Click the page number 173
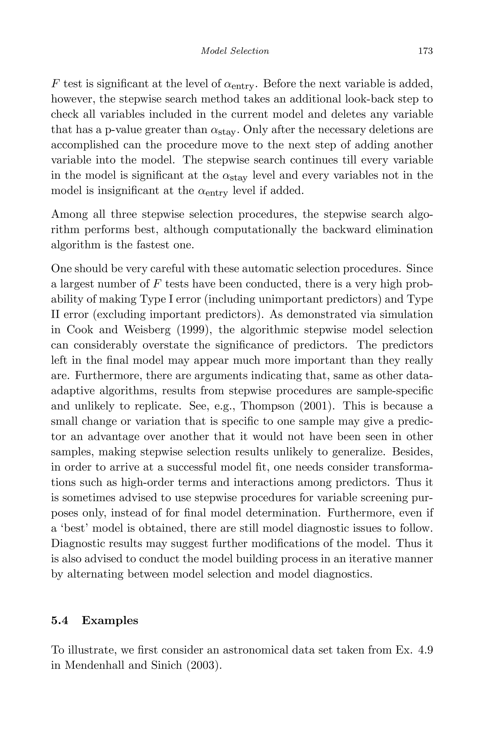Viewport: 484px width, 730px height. (425, 51)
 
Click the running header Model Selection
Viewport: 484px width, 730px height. (235, 51)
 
